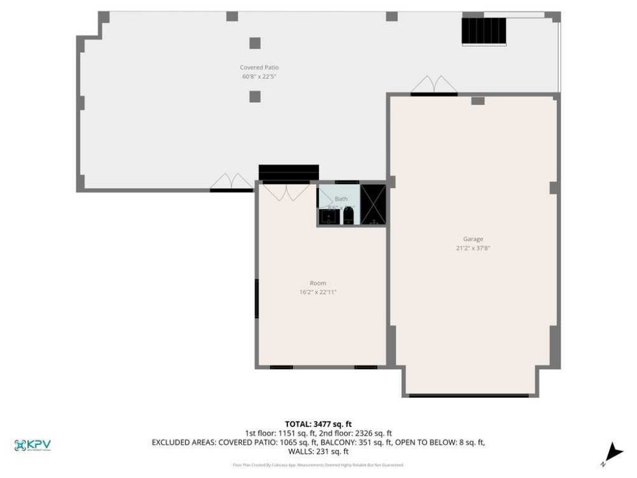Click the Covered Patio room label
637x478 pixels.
259,67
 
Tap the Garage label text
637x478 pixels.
473,239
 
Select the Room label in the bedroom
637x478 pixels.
318,283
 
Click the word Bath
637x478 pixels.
342,199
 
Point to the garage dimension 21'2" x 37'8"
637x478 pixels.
473,248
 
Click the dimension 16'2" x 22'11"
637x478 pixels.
318,292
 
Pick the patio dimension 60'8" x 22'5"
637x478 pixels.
259,77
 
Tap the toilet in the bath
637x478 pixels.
348,216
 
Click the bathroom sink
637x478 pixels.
328,217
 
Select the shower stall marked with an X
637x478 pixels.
373,204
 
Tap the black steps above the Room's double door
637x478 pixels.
289,172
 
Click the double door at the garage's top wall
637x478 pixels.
434,85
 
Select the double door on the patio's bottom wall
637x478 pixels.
231,182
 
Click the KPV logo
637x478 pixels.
32,445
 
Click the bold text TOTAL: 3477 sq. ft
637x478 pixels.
318,424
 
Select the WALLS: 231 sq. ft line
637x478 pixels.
318,452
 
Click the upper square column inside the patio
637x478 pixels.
255,43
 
